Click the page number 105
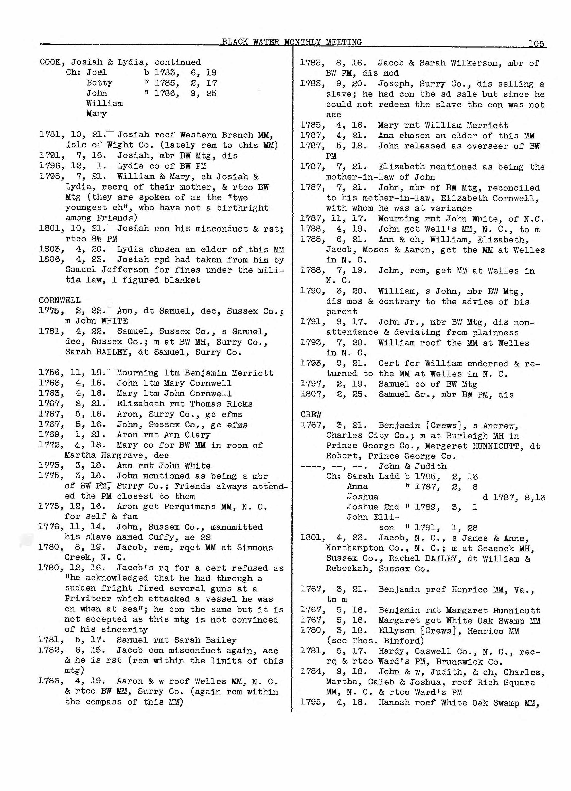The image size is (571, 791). click(536, 44)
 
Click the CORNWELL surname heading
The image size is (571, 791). click(60, 300)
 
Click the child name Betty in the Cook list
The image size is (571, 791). click(99, 83)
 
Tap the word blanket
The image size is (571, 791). click(184, 280)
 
